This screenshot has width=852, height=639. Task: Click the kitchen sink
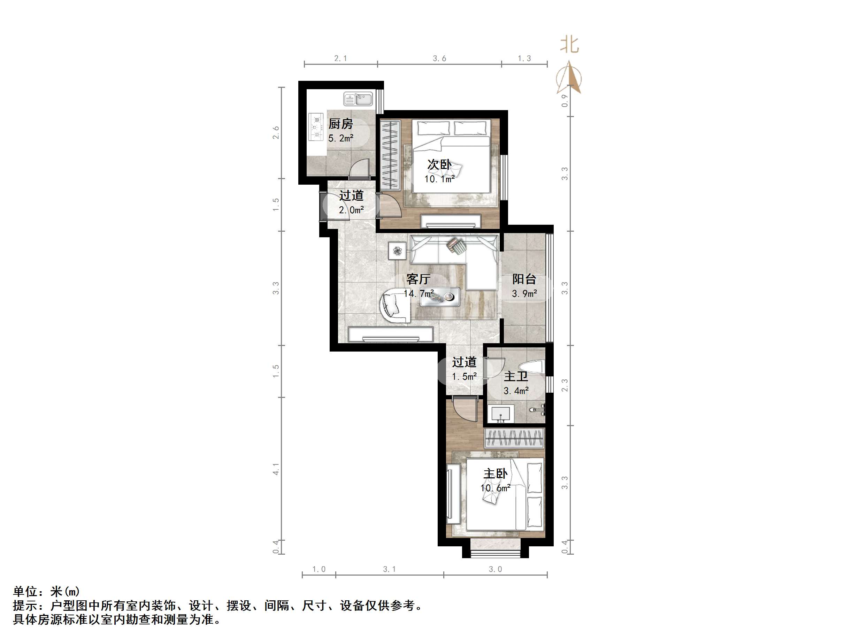pyautogui.click(x=358, y=99)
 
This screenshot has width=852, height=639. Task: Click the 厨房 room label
pyautogui.click(x=340, y=124)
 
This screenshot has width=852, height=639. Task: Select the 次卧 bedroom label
pyautogui.click(x=439, y=164)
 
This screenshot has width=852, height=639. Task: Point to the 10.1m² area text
pyautogui.click(x=439, y=179)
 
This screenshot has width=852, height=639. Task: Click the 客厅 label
pyautogui.click(x=418, y=279)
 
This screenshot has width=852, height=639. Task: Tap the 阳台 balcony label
pyautogui.click(x=524, y=279)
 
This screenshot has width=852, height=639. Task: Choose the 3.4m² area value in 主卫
pyautogui.click(x=516, y=391)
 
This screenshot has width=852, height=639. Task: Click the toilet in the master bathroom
pyautogui.click(x=531, y=366)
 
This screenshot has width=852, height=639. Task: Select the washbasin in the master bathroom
pyautogui.click(x=501, y=414)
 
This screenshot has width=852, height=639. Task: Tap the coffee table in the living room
pyautogui.click(x=439, y=297)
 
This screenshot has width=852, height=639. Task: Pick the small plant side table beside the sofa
pyautogui.click(x=398, y=251)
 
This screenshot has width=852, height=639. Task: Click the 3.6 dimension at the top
pyautogui.click(x=439, y=59)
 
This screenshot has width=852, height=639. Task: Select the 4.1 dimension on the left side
pyautogui.click(x=276, y=469)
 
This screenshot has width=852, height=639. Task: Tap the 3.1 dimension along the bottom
pyautogui.click(x=389, y=569)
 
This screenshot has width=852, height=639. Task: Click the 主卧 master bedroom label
pyautogui.click(x=495, y=474)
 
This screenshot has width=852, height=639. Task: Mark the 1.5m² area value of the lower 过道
pyautogui.click(x=464, y=377)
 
